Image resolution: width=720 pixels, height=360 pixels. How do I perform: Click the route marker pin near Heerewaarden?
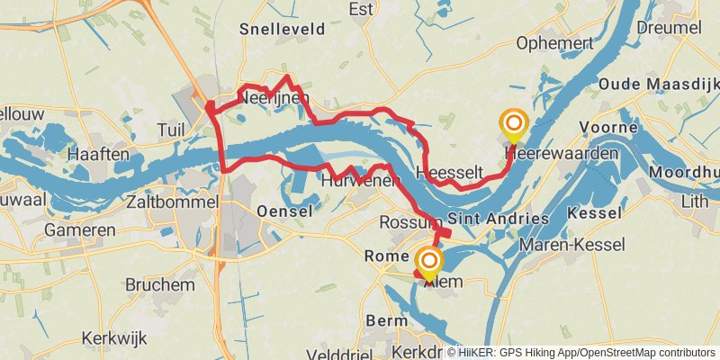pos(514,125)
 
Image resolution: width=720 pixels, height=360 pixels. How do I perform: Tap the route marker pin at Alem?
pos(429,264)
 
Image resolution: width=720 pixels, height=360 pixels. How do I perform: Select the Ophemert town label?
pos(555,43)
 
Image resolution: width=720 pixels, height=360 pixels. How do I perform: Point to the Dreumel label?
pos(668,28)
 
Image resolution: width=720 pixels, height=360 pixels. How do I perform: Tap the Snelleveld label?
pos(282,29)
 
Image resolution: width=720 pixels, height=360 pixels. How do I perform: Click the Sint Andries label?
pos(498,219)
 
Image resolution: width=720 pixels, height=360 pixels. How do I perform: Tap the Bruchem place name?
pos(159,284)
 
